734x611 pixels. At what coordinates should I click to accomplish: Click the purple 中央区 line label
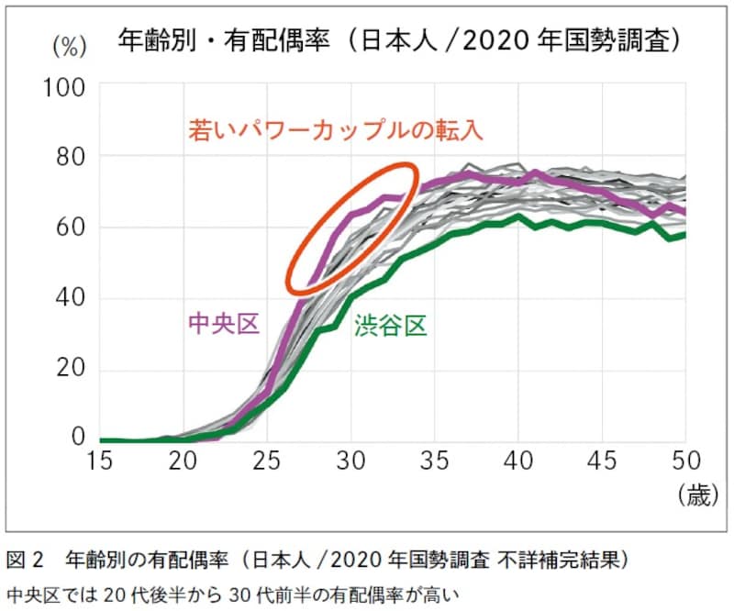tap(224, 323)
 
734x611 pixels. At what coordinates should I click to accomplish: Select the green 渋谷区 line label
tap(392, 325)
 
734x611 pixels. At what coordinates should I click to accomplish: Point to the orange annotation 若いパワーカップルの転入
tap(336, 129)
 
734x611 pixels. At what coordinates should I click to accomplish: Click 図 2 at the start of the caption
tap(27, 559)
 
